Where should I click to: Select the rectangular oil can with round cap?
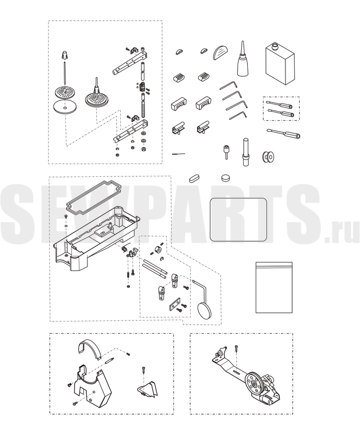280,64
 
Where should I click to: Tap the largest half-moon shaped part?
221,52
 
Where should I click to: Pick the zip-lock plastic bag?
274,288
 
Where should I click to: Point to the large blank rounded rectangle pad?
238,220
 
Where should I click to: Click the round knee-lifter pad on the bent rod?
204,311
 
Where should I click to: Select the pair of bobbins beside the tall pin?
268,156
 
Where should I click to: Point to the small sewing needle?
179,154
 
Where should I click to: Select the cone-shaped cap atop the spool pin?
64,55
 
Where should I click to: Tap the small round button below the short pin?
225,178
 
